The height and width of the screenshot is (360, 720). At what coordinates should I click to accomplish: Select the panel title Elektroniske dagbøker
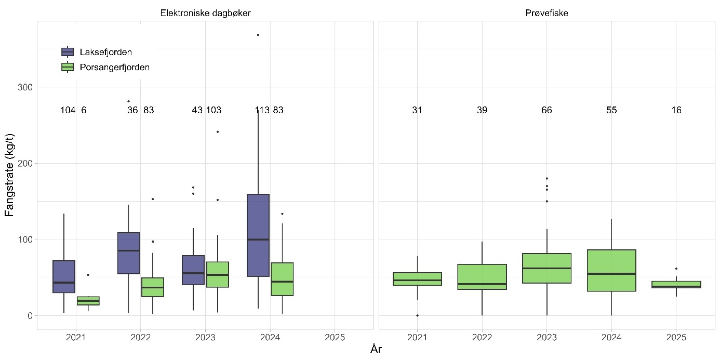coord(205,14)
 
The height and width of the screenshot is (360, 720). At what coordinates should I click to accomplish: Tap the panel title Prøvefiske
coord(546,14)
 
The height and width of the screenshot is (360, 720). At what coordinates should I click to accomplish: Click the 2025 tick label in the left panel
coord(335,337)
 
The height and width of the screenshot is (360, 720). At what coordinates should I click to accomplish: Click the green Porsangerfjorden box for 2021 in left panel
coord(88,301)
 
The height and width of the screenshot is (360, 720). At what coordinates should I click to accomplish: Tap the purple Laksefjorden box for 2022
coord(128,253)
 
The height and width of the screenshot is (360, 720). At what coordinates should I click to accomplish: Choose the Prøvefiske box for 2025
coord(676,284)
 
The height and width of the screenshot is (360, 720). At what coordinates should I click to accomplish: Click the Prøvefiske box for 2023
coord(546,268)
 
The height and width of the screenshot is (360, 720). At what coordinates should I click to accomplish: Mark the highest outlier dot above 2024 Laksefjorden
coord(258,35)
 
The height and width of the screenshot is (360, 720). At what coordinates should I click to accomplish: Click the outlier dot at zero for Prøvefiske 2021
coord(417,315)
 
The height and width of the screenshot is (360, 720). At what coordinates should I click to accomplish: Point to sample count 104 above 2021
coord(68,110)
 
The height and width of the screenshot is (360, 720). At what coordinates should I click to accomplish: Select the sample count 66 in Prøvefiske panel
coord(546,110)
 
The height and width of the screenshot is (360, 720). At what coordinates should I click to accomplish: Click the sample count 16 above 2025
coord(676,110)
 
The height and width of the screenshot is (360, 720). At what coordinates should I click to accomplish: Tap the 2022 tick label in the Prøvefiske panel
coord(482,337)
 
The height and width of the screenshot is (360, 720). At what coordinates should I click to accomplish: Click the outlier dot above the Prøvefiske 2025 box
coord(676,269)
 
